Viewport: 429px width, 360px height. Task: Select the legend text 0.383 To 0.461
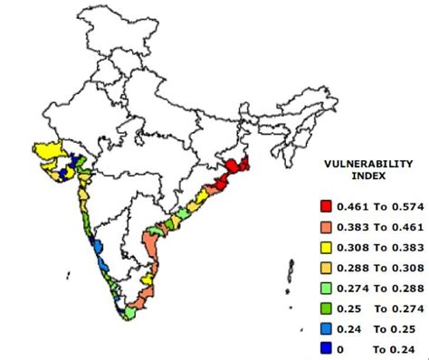click(x=374, y=227)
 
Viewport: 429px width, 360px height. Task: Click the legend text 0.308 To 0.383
click(x=374, y=247)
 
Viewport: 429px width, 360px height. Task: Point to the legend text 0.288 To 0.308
click(x=374, y=267)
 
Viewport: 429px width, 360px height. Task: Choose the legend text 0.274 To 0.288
click(x=374, y=287)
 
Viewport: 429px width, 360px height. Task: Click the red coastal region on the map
click(x=237, y=167)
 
